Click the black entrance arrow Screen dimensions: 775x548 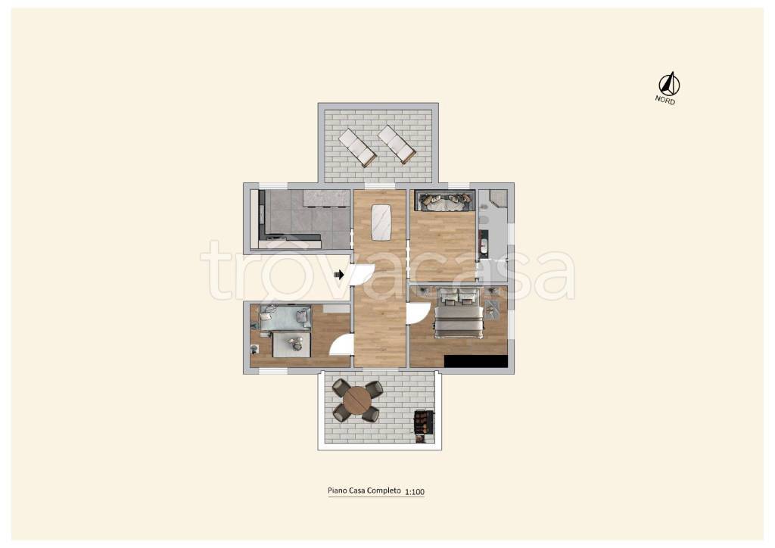point(339,274)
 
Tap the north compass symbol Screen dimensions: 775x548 point(669,83)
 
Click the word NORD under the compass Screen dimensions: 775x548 point(665,99)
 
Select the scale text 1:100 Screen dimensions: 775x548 point(415,492)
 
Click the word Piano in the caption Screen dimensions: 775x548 point(337,490)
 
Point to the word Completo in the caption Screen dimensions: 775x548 point(383,490)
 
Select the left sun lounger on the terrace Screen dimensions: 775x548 point(357,147)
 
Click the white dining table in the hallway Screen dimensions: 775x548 point(381,221)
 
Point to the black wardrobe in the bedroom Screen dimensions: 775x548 point(476,361)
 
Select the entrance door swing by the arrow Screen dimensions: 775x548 point(363,277)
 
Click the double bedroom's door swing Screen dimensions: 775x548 point(418,313)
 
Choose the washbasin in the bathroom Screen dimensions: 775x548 point(483,245)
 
